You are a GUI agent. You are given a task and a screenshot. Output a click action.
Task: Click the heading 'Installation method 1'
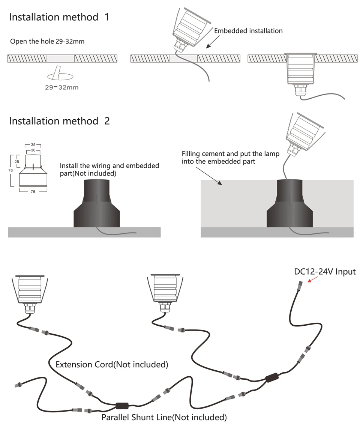click(x=59, y=17)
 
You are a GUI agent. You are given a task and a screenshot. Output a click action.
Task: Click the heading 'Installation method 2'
click(x=59, y=121)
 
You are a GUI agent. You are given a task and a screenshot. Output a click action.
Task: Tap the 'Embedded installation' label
click(x=248, y=31)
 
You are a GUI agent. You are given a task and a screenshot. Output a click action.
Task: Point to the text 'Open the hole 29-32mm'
click(x=47, y=41)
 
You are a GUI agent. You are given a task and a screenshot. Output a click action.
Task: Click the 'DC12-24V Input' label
click(x=325, y=271)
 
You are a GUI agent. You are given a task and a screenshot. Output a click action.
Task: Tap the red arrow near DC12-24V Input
click(x=313, y=280)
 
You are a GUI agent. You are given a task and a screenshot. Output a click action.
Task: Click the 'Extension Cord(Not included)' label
click(x=112, y=364)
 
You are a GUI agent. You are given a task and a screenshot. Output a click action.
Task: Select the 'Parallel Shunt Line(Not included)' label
click(x=164, y=417)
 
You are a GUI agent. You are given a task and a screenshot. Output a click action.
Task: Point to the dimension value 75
click(x=33, y=191)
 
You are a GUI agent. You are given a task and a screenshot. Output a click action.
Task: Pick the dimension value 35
click(x=33, y=144)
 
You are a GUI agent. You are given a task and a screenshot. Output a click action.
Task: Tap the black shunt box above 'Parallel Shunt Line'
click(x=122, y=405)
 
